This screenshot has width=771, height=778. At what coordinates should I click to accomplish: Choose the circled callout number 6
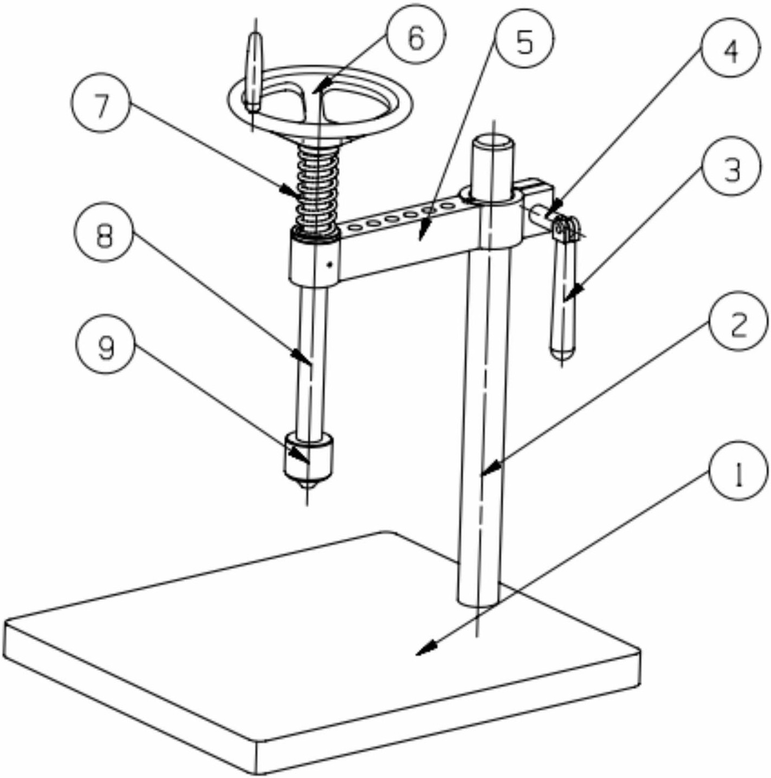pos(416,37)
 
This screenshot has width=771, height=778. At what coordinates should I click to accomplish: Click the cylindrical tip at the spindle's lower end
pos(309,460)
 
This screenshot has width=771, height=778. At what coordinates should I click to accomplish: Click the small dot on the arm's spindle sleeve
pos(330,265)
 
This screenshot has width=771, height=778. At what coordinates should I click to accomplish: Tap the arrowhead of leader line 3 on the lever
pos(574,293)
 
